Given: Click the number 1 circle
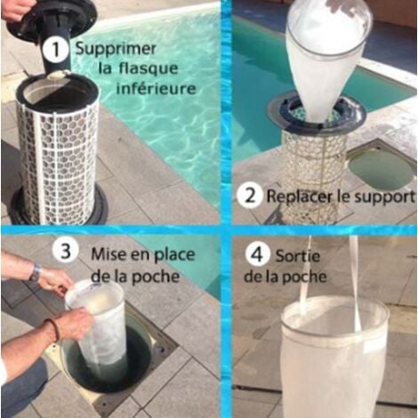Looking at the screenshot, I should tap(57, 50).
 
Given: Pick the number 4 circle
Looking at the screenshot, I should tap(255, 253).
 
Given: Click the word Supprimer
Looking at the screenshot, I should tap(116, 49).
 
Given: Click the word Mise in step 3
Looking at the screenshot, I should tap(107, 253).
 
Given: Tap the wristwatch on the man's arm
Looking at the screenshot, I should tap(36, 272).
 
